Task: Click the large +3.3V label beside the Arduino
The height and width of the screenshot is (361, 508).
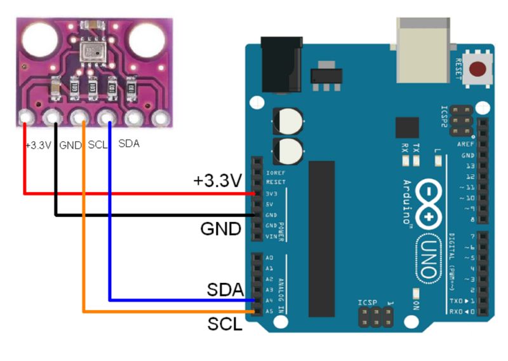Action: [x=218, y=181]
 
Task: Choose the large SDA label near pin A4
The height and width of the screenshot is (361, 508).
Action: [x=225, y=290]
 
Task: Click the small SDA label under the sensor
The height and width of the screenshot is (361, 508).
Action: [x=129, y=144]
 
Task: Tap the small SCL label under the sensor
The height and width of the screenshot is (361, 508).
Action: [x=98, y=144]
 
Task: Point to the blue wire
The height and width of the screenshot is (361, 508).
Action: [x=110, y=242]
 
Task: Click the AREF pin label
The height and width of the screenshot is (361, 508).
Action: [x=466, y=144]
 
